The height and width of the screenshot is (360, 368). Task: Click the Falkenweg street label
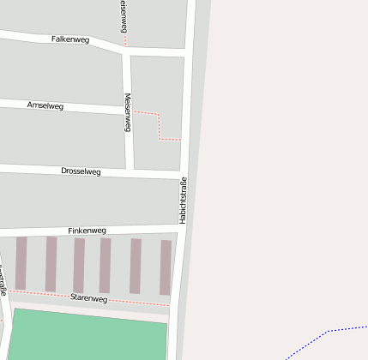[70, 39]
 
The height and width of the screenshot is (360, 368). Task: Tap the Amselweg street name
[45, 105]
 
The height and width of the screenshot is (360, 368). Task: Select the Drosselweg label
[81, 171]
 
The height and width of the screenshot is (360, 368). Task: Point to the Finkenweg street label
[87, 231]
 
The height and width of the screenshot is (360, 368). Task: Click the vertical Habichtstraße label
[183, 200]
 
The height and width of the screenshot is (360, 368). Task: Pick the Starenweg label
[88, 298]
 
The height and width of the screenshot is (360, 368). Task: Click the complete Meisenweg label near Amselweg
[128, 112]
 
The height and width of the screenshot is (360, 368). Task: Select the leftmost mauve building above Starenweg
[21, 263]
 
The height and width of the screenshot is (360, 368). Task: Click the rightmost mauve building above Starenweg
[166, 267]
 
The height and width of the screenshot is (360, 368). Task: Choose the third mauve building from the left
[79, 265]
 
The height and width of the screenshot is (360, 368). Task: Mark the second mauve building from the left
[51, 264]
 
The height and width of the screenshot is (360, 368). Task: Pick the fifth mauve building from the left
[136, 267]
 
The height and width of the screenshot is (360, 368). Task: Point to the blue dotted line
[327, 332]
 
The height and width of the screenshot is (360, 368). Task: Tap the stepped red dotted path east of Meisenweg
[160, 125]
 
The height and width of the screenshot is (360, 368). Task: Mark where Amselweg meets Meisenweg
[126, 111]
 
